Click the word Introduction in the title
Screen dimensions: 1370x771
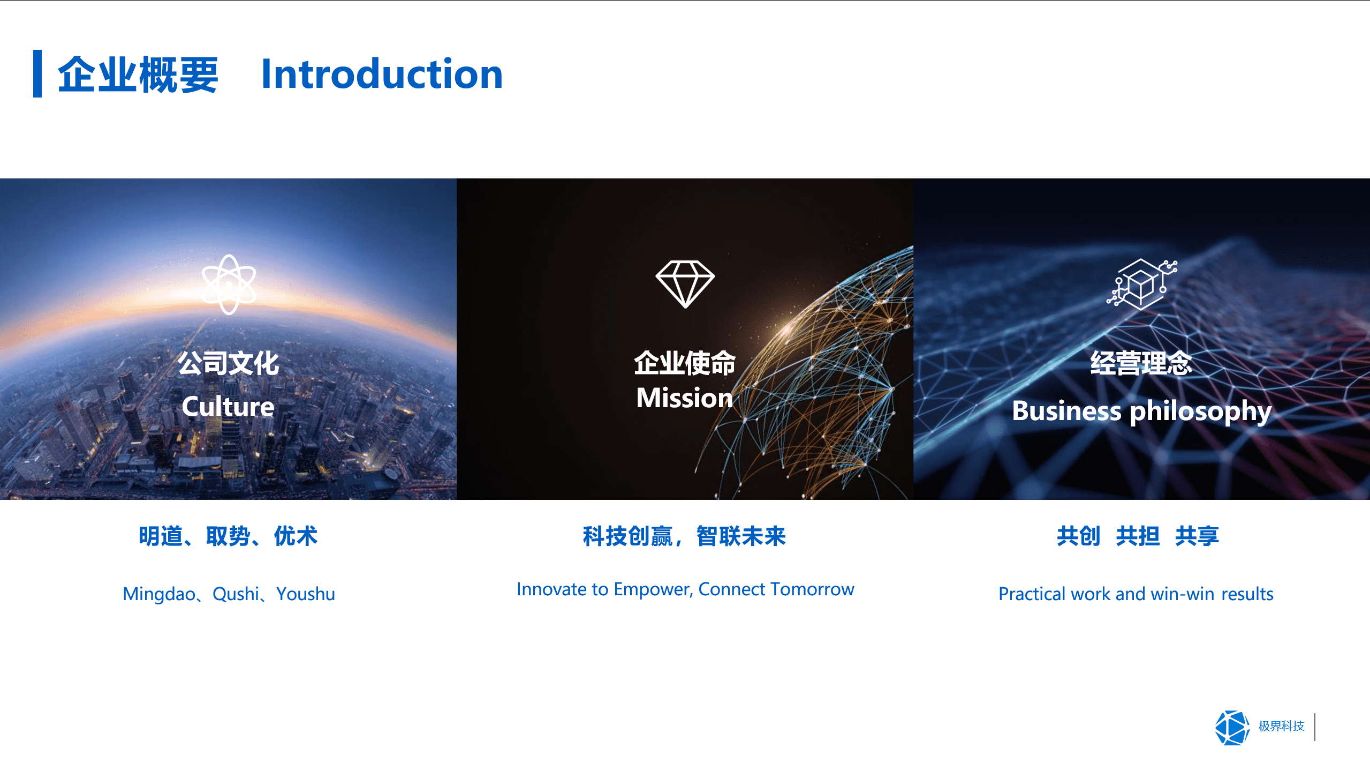point(382,74)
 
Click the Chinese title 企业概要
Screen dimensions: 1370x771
point(138,75)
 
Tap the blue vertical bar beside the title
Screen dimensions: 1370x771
point(37,73)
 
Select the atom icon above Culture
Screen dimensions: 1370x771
point(229,284)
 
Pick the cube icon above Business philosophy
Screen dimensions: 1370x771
point(1142,283)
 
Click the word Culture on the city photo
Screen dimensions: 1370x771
point(228,407)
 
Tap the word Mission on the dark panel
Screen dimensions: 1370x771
point(684,398)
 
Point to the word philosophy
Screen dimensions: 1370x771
point(1200,412)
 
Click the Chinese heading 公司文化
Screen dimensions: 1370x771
point(229,364)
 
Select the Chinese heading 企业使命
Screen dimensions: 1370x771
point(685,364)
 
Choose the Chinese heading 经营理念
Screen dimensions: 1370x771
point(1141,364)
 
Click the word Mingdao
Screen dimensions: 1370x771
point(159,594)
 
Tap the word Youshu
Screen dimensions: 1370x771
point(306,594)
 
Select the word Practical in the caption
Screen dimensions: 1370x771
point(1032,594)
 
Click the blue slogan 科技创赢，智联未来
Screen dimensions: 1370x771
point(684,536)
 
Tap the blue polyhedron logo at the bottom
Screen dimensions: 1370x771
point(1232,728)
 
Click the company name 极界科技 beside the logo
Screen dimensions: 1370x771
point(1281,727)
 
